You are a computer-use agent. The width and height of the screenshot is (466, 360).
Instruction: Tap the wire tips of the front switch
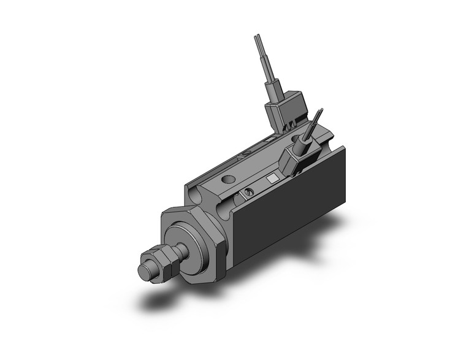[318, 115]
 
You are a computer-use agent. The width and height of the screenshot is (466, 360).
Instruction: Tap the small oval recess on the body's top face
[246, 153]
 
